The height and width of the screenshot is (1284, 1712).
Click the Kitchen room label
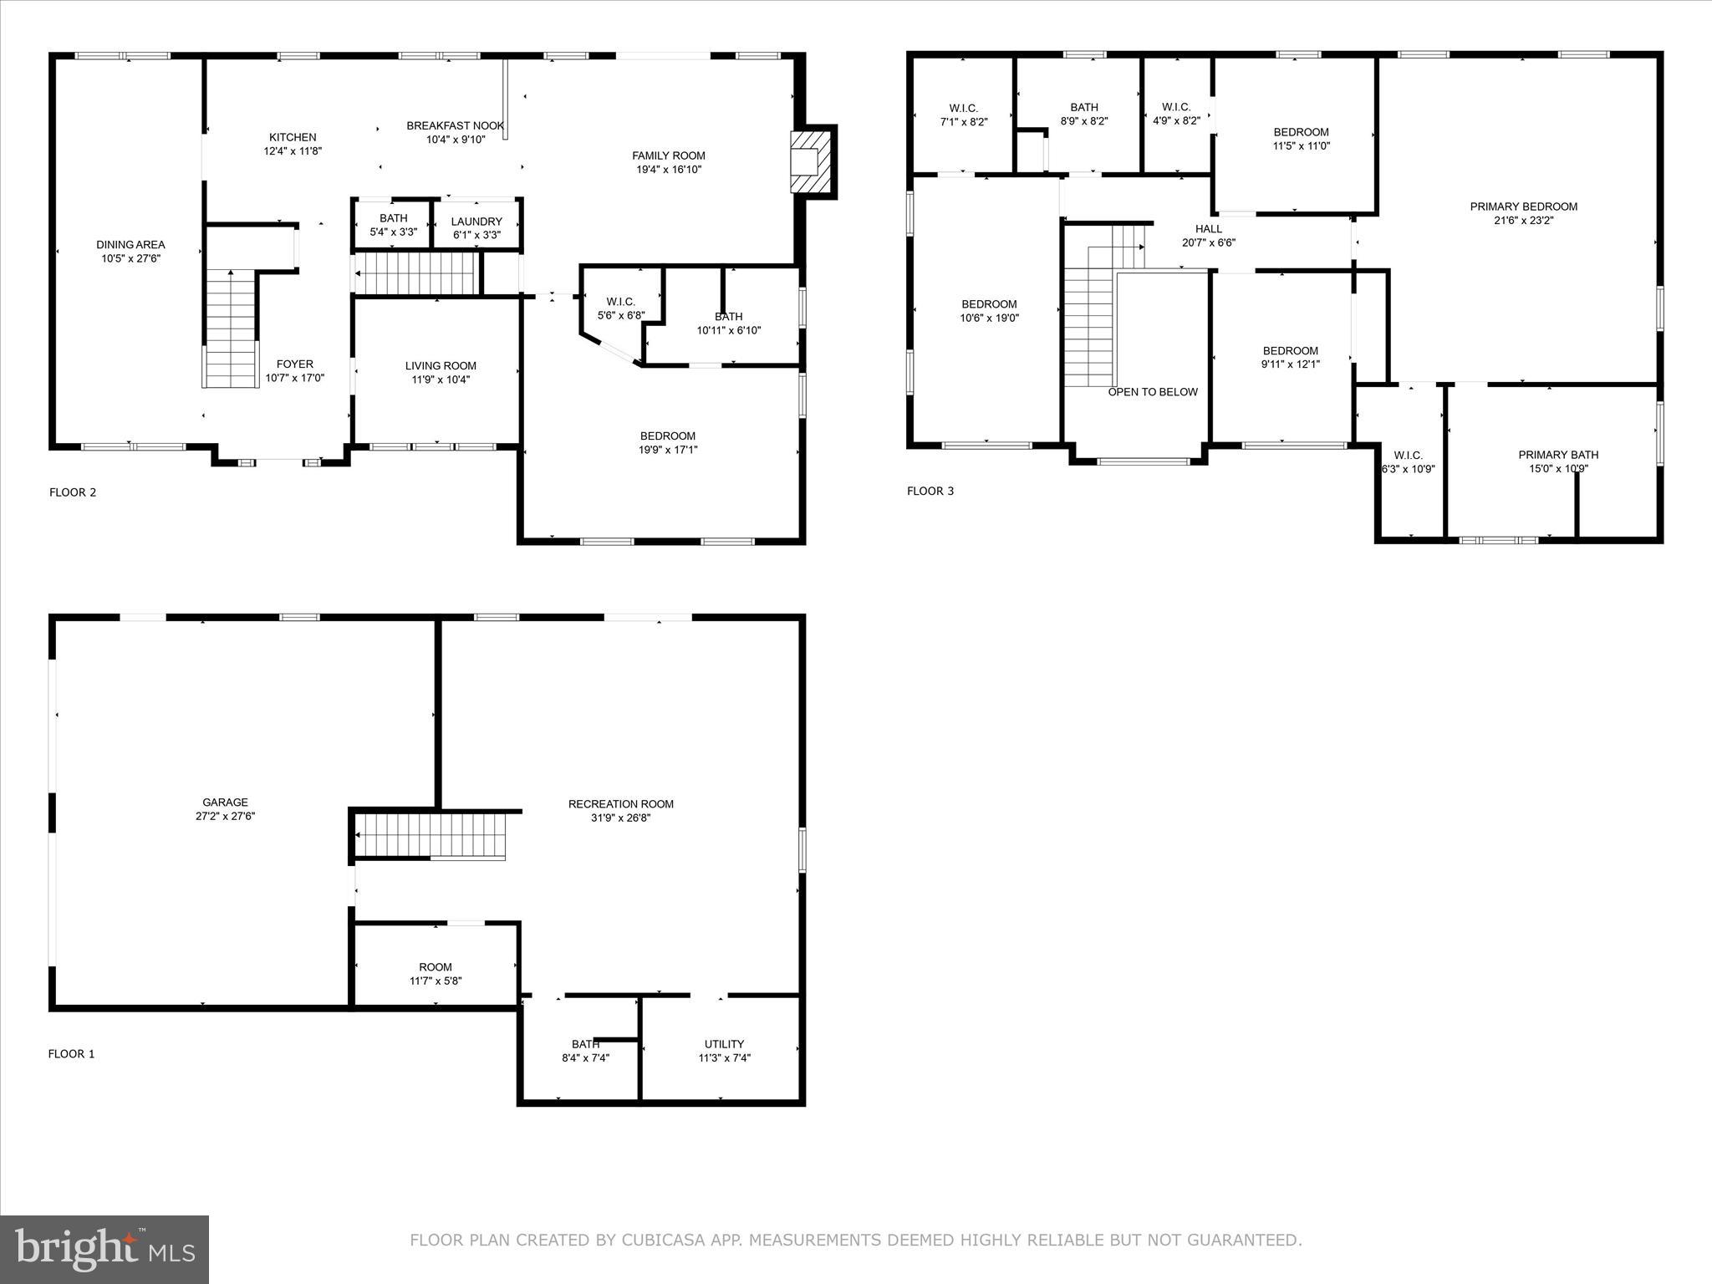(x=293, y=138)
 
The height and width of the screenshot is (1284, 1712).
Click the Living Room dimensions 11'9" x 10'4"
(x=441, y=380)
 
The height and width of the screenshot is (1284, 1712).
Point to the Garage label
(x=225, y=802)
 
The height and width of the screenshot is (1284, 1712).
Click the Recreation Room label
(x=620, y=804)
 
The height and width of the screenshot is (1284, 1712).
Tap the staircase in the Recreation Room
(x=431, y=833)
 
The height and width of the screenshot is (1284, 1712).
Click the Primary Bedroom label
(x=1523, y=206)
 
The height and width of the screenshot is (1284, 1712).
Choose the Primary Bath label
(x=1558, y=455)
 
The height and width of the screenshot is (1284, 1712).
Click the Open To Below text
(x=1153, y=392)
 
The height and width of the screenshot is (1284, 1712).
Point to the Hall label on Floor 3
(x=1208, y=229)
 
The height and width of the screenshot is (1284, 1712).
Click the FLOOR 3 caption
(x=930, y=492)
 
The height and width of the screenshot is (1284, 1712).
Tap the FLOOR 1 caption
(x=71, y=1054)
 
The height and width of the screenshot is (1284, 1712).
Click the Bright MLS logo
(x=104, y=1250)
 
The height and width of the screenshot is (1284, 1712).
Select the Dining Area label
(x=130, y=245)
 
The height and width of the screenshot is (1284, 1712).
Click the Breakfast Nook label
(x=455, y=126)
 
